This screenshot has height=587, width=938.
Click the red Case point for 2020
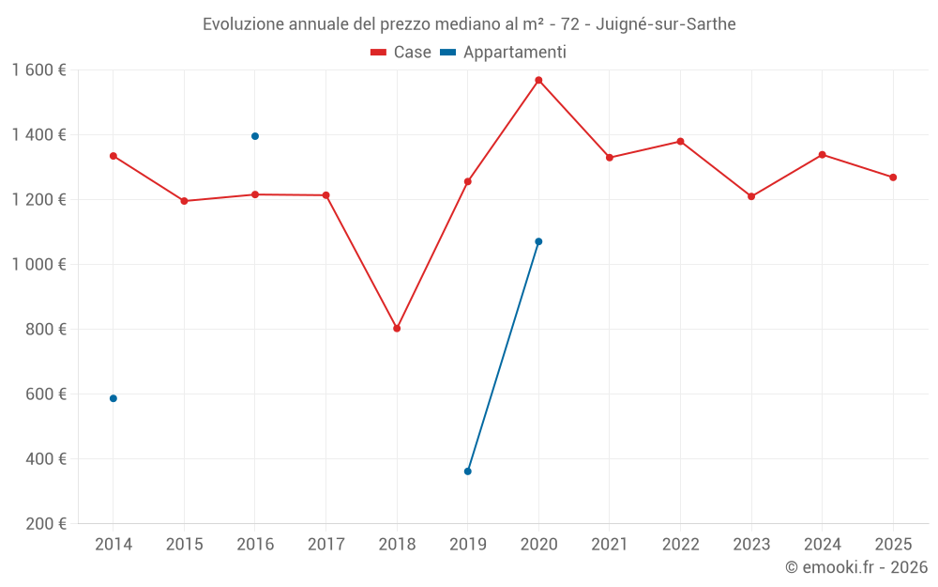pos(538,80)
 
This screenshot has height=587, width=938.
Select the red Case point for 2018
pos(397,329)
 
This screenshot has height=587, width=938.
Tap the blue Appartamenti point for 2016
pos(255,136)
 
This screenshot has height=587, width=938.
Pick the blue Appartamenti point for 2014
pos(113,398)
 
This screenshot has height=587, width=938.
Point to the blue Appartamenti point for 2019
pos(468,471)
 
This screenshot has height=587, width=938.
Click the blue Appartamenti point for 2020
pos(538,241)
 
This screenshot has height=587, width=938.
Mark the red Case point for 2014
pos(113,156)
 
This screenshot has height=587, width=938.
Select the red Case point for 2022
pos(680,142)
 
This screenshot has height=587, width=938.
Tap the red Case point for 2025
pos(893,178)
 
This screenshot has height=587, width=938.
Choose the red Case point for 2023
pos(751,196)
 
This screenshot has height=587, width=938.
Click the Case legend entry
pos(401,53)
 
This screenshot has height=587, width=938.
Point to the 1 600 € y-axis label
pos(39,70)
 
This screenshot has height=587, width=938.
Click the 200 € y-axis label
pos(47,524)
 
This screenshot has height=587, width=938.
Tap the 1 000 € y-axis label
pos(39,265)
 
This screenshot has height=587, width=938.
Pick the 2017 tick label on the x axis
pos(325,545)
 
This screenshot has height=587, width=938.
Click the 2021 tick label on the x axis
pos(610,545)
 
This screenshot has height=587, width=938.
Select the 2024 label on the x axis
pos(822,545)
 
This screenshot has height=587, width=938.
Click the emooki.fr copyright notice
pos(856,567)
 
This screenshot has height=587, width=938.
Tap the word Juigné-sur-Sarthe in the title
pos(666,23)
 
